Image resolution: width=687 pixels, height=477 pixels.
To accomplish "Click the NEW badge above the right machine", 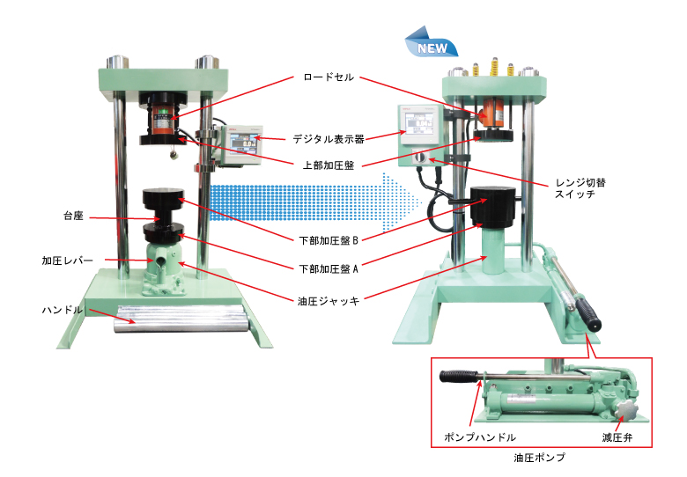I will (430, 47).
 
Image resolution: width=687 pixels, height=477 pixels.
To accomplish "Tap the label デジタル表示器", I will (328, 138).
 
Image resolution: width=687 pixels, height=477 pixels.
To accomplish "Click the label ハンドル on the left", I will (61, 311).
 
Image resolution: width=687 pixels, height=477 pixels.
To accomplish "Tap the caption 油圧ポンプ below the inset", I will (537, 459).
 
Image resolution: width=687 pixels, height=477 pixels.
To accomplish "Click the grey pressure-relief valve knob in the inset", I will (627, 409).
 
